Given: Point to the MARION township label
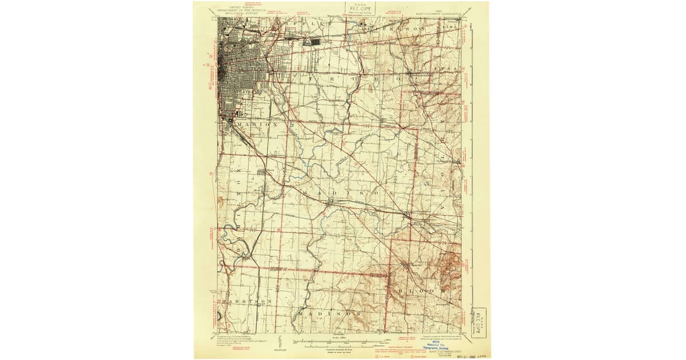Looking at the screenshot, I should pos(252,124).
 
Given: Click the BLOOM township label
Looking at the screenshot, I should pos(420,291).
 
